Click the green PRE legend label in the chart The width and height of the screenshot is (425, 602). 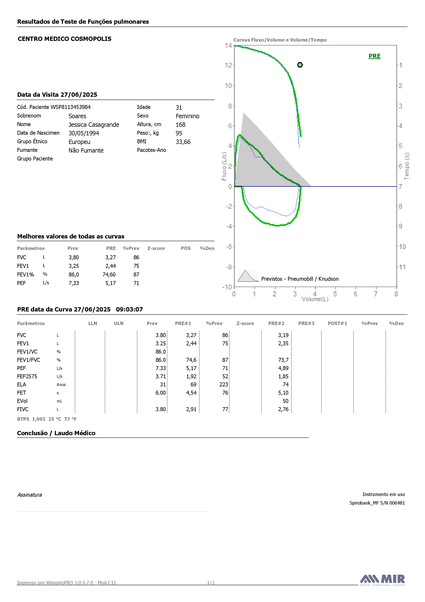coord(374,56)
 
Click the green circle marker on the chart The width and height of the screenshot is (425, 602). coord(300,65)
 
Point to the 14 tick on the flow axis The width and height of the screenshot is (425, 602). coord(228,45)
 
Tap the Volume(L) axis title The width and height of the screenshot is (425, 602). coord(315,299)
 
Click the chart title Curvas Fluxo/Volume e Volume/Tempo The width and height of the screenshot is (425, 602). coord(280,40)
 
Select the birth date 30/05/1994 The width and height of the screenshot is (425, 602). coord(84,133)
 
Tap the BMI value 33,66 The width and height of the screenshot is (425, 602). coord(183,142)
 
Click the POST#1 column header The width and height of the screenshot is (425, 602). coord(337,324)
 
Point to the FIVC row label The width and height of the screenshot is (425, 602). coord(23,409)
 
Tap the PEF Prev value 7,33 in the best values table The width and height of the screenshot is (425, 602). coord(74,283)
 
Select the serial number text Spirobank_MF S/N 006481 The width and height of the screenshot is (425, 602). coord(377,503)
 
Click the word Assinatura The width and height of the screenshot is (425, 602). coord(29,495)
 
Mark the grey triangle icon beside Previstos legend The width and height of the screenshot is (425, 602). coord(248,276)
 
